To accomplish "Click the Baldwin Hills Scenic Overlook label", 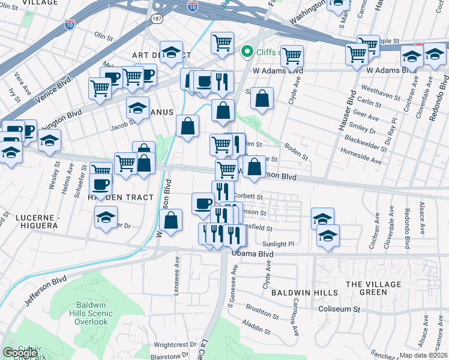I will [83, 313].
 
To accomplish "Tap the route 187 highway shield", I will [157, 18].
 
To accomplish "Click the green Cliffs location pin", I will [246, 52].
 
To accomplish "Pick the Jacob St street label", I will [122, 127].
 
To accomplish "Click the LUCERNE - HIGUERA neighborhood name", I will [29, 221].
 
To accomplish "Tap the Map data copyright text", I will [424, 355].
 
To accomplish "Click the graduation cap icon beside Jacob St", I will [137, 108].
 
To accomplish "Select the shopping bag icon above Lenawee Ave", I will [171, 219].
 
